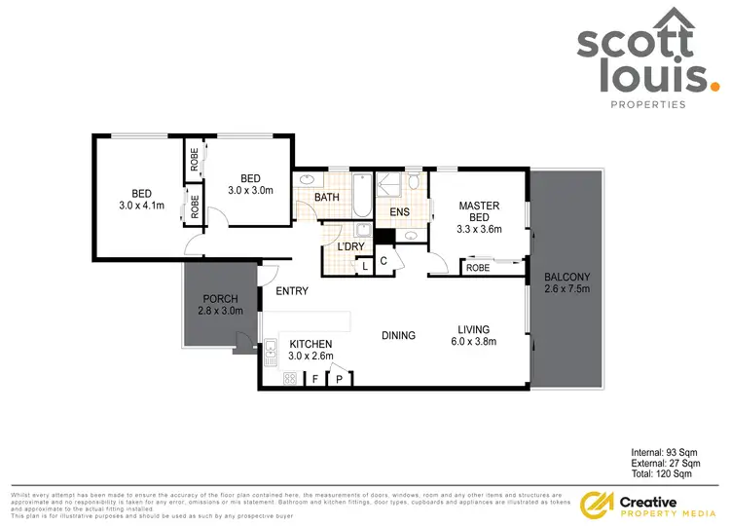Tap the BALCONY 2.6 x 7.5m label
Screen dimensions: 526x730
(x=566, y=282)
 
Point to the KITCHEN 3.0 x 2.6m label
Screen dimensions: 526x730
(x=311, y=350)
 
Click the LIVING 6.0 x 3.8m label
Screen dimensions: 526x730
(x=475, y=335)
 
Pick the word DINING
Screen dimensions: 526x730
(x=398, y=336)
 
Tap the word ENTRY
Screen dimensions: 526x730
(x=292, y=291)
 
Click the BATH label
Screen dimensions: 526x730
(x=326, y=199)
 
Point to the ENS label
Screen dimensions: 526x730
(x=399, y=211)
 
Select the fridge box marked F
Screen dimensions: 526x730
(x=315, y=380)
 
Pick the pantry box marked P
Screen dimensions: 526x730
(x=340, y=380)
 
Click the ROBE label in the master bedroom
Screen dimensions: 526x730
(x=477, y=268)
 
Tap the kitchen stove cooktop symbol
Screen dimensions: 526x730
(x=289, y=379)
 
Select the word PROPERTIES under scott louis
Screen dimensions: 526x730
(x=647, y=104)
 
